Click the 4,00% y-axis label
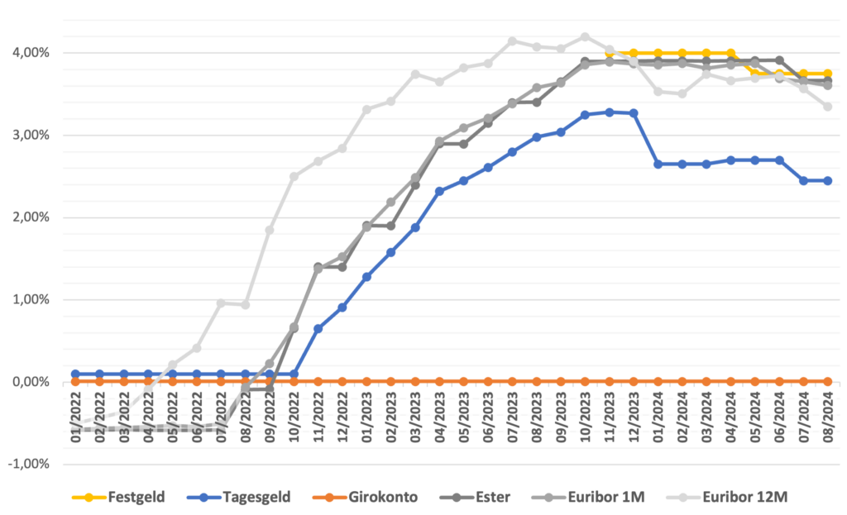coord(31,53)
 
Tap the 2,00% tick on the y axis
coord(31,217)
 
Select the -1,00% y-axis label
coord(29,464)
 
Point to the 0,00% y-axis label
coord(31,382)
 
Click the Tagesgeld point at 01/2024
coord(658,165)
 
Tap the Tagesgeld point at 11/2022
coord(318,328)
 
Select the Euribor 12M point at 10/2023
coord(585,36)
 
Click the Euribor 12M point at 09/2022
coord(270,230)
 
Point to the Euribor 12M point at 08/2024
coord(827,106)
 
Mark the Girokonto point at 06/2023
coord(488,381)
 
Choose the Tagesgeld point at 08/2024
coord(827,180)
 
